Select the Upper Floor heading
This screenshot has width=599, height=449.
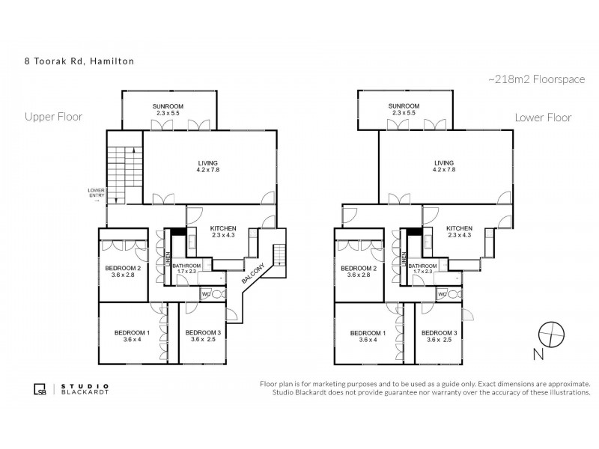pyautogui.click(x=53, y=117)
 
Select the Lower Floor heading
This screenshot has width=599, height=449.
pyautogui.click(x=543, y=117)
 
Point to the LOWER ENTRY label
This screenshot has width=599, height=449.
pyautogui.click(x=96, y=193)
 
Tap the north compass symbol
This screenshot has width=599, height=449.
pyautogui.click(x=550, y=333)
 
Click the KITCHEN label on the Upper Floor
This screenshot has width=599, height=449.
pyautogui.click(x=223, y=228)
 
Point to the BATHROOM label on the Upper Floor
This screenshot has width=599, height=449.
pyautogui.click(x=187, y=266)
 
